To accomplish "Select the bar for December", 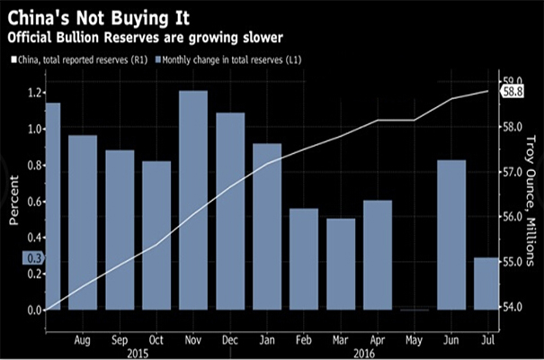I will tap(230, 211).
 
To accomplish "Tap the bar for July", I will tap(486, 283).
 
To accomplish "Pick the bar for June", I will tap(450, 235).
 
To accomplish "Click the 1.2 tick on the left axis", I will tap(32, 93).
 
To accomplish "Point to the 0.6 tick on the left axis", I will tap(32, 202).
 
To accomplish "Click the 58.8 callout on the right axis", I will tap(513, 92).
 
